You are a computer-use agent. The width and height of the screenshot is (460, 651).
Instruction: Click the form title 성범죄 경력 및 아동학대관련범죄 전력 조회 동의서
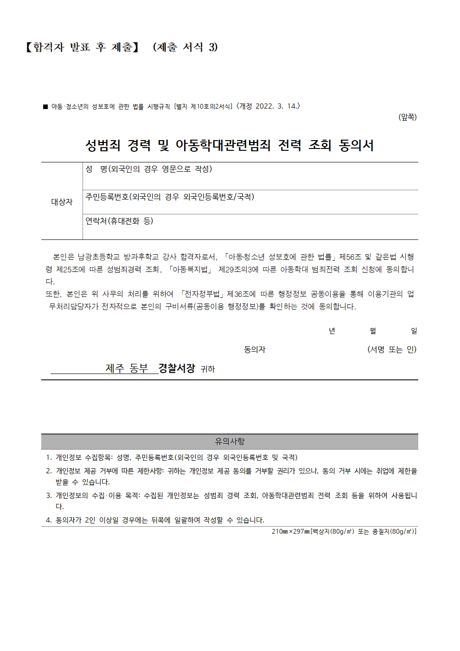(x=230, y=146)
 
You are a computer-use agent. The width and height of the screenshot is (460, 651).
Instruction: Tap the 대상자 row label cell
(x=62, y=202)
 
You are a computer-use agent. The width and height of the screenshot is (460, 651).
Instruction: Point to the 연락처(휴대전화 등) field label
(x=119, y=221)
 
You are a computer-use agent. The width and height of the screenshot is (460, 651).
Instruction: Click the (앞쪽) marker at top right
(x=407, y=117)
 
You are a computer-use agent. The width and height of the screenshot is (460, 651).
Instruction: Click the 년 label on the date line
(x=332, y=331)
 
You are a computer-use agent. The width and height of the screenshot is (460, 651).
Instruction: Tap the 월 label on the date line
(x=373, y=331)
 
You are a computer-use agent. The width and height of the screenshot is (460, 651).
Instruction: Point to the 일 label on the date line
(x=414, y=331)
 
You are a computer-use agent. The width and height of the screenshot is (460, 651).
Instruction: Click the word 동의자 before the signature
(x=255, y=350)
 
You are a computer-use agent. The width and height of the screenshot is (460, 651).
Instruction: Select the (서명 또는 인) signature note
(x=392, y=349)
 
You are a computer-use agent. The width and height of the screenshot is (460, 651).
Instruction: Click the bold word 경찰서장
(x=177, y=369)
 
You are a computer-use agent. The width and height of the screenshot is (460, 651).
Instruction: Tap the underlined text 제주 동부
(x=127, y=369)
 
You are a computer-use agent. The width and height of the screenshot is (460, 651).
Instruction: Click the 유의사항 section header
(x=230, y=442)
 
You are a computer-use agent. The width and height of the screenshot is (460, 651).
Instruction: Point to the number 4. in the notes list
(x=49, y=520)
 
